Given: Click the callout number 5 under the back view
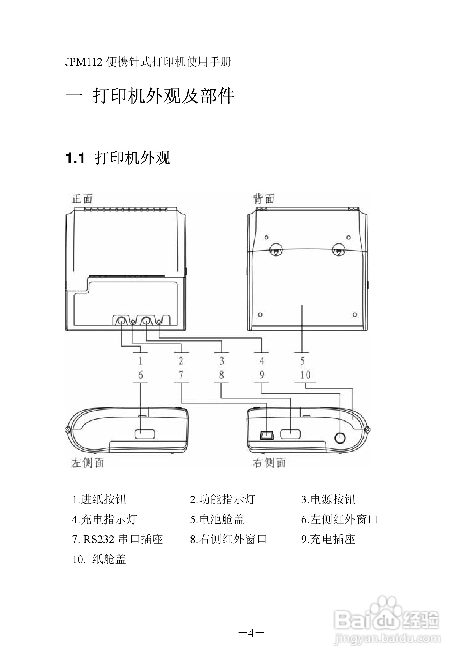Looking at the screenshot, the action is click(x=302, y=361).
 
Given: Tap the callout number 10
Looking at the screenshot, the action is click(x=305, y=375).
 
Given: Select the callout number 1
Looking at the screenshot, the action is click(x=140, y=361).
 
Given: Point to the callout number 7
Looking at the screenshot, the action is click(x=181, y=375).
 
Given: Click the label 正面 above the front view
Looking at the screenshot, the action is click(x=82, y=199).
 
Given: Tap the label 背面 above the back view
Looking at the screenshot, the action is click(x=264, y=199).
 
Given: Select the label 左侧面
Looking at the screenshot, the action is click(x=88, y=462).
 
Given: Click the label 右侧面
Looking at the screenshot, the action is click(x=269, y=462).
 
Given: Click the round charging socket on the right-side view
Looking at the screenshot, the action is click(x=340, y=438).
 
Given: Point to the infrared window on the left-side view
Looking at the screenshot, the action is click(x=145, y=434).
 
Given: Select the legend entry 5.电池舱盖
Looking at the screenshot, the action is click(x=217, y=519).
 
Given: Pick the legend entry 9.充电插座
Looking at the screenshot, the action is click(x=328, y=539).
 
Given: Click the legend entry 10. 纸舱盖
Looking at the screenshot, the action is click(x=99, y=559).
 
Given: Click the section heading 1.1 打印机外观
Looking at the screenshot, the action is click(x=118, y=158).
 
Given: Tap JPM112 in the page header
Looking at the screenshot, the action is click(x=84, y=62).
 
